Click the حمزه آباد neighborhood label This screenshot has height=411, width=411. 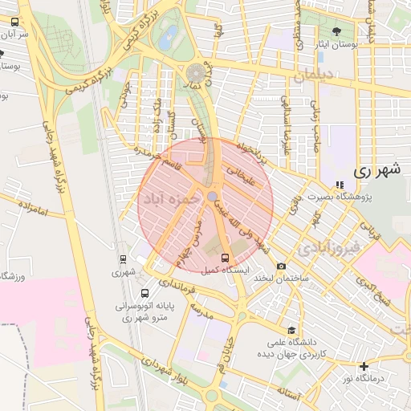tap(170, 198)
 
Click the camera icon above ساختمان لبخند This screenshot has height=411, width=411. tap(281, 267)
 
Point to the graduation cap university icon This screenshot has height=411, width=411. tap(291, 330)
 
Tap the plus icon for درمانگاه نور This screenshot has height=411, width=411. tap(364, 366)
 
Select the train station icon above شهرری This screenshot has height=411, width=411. tap(123, 259)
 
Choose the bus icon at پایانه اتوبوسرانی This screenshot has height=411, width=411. tap(144, 293)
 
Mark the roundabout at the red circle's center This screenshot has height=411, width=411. tap(211, 197)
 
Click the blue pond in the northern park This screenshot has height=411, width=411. tap(169, 36)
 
